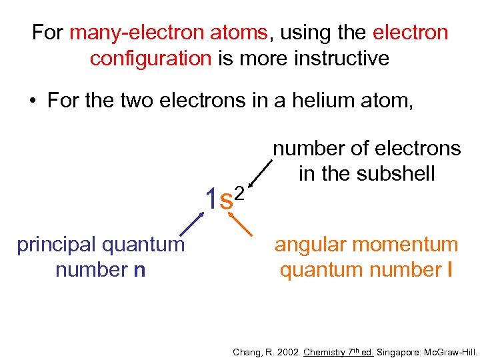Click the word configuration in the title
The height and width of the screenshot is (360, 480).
click(150, 58)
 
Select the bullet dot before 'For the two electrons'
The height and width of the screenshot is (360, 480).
click(32, 102)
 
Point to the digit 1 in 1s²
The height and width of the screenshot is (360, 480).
click(211, 199)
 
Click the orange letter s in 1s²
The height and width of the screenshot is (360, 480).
click(227, 200)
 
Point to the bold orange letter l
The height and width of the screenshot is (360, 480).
click(451, 270)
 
